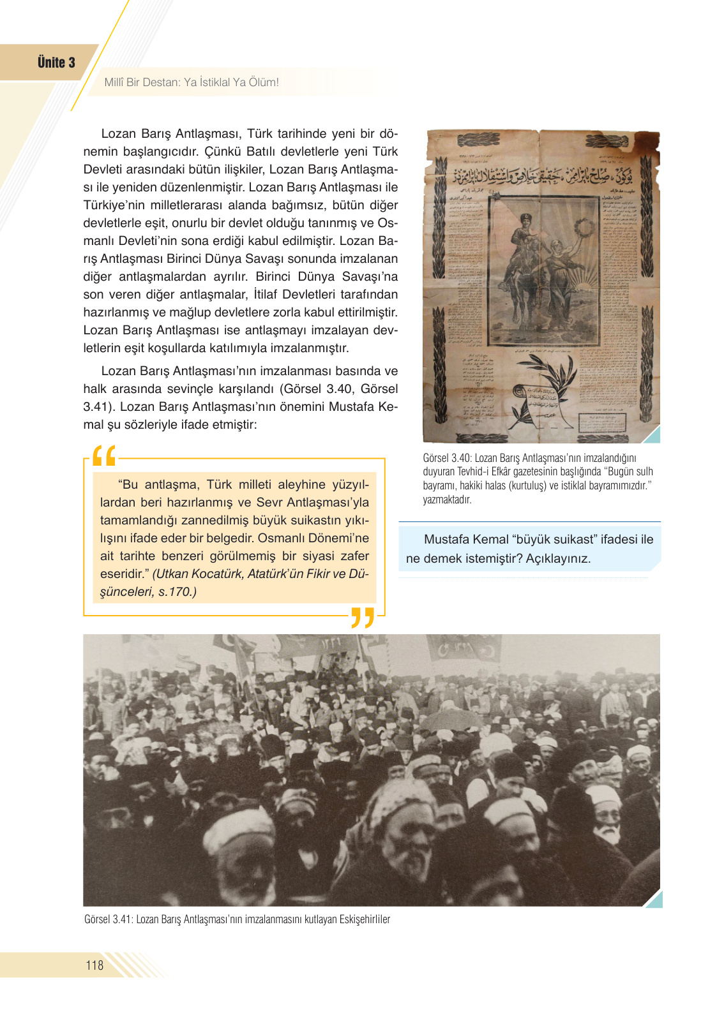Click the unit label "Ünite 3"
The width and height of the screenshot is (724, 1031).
(56, 63)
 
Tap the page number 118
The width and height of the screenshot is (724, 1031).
(94, 965)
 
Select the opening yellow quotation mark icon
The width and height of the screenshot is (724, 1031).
(103, 456)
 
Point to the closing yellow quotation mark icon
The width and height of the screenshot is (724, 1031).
(363, 618)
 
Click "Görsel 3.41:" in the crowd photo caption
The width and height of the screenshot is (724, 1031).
(109, 919)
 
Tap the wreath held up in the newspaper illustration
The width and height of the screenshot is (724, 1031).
(582, 226)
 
